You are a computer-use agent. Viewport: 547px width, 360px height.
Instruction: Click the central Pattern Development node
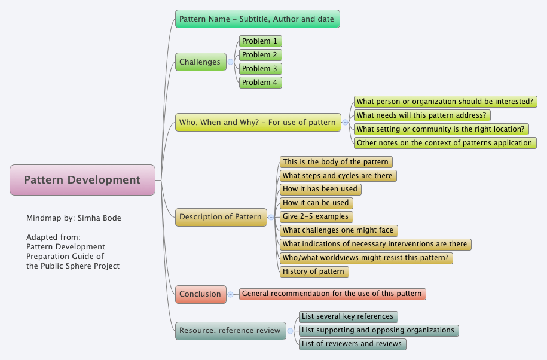click(82, 180)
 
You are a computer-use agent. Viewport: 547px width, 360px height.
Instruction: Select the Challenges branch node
click(200, 62)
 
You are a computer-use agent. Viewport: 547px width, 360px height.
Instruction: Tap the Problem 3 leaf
click(260, 69)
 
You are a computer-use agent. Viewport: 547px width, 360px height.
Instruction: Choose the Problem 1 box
click(260, 41)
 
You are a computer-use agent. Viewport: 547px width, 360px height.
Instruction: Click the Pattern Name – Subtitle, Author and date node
click(257, 19)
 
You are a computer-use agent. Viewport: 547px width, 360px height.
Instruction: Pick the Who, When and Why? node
click(258, 123)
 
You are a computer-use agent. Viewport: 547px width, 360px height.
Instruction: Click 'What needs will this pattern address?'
click(422, 115)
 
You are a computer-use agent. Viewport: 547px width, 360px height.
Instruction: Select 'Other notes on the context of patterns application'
click(444, 143)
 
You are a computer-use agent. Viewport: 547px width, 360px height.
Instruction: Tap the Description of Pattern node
click(221, 216)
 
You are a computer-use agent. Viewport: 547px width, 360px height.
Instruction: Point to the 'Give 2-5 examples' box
click(316, 216)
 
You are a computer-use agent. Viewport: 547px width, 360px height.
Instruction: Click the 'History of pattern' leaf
click(314, 271)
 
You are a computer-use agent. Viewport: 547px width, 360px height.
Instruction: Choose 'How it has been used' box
click(320, 189)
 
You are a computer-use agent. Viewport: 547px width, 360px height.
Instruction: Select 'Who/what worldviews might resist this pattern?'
click(366, 258)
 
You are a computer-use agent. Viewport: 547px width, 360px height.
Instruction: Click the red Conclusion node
click(200, 294)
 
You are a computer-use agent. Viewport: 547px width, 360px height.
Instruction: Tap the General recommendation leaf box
click(332, 294)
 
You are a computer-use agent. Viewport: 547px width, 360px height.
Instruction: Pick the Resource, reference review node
click(230, 330)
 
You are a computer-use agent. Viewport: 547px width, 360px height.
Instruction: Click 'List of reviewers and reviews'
click(352, 344)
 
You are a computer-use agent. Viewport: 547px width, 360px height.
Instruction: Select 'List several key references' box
click(348, 316)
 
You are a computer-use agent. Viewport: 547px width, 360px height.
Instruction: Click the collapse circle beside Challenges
click(231, 62)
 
